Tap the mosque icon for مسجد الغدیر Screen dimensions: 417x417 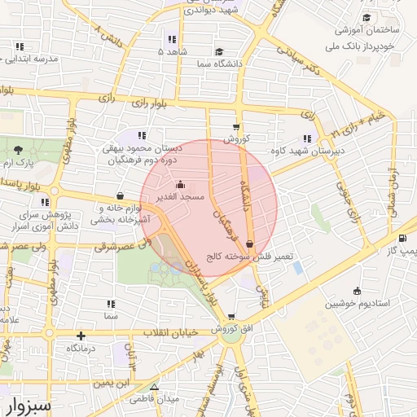(180, 184)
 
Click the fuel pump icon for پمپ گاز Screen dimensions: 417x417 (403, 239)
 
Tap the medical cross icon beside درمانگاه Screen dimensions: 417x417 (81, 336)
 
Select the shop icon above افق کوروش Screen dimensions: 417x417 (231, 317)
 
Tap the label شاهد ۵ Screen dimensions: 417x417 (172, 51)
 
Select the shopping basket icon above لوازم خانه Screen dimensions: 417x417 (121, 195)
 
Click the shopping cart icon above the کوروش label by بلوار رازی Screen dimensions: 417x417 (236, 126)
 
